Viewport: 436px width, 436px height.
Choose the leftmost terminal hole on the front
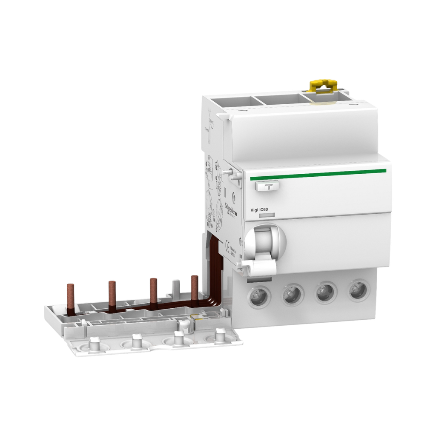[258, 295]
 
